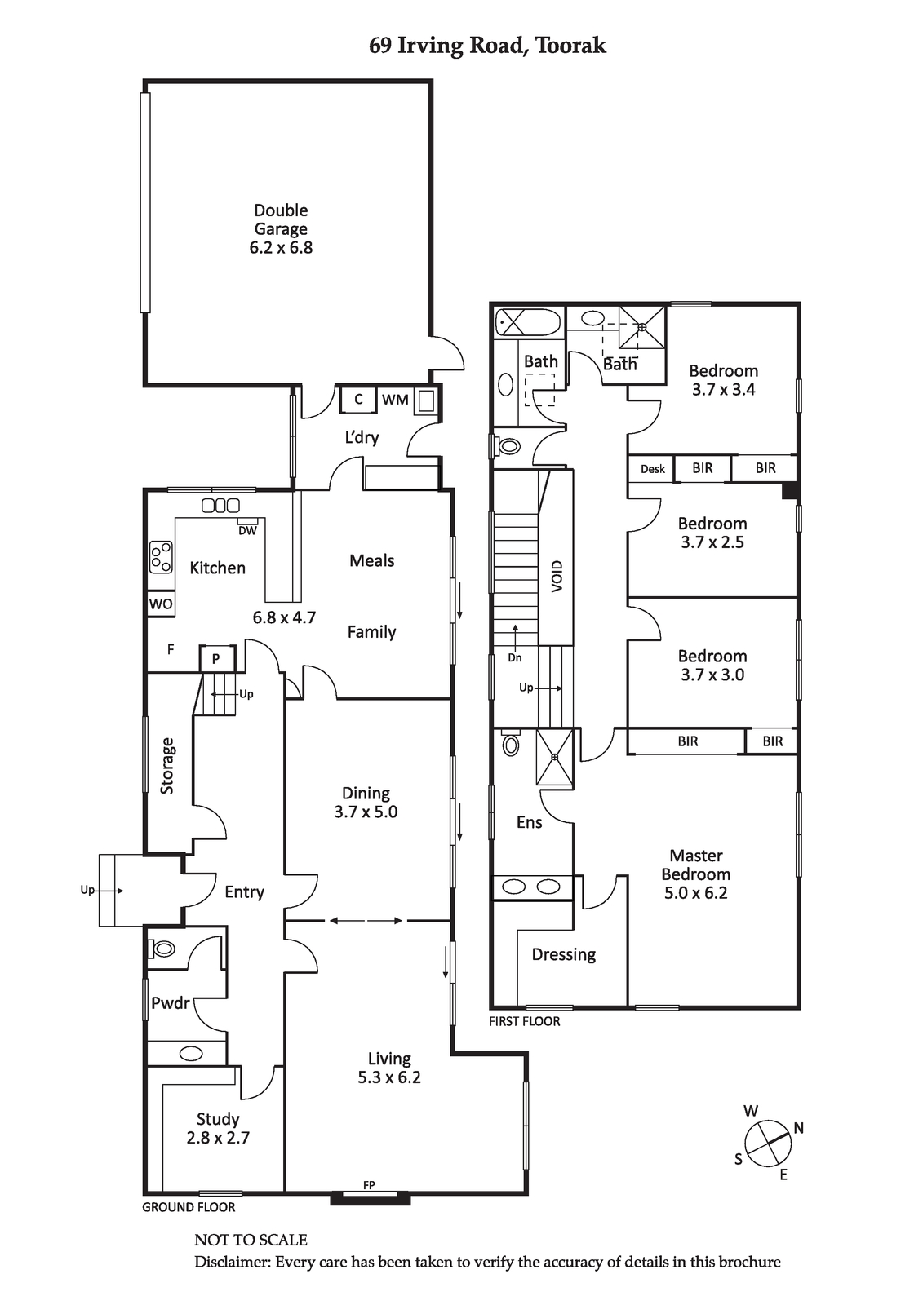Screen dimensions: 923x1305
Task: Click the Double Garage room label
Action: (281, 219)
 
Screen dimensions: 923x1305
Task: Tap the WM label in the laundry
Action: (395, 400)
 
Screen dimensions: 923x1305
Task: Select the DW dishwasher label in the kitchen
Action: (248, 531)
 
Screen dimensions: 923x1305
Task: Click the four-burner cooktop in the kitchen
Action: (161, 556)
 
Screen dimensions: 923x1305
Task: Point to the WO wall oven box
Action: (160, 604)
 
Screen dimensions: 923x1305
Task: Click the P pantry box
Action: (217, 659)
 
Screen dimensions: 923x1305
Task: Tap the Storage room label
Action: (167, 766)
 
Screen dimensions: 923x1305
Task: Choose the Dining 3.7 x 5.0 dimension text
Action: (366, 812)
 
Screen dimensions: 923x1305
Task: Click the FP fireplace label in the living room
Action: (369, 1184)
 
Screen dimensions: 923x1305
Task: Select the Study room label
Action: (218, 1118)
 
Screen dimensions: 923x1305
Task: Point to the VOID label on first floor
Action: (557, 577)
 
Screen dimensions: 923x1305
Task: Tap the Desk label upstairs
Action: (652, 469)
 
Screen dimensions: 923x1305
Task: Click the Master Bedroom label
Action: (696, 865)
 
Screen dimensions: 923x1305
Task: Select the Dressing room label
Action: (564, 955)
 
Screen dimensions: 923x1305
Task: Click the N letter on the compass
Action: (798, 1128)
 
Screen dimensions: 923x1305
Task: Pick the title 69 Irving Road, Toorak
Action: (487, 46)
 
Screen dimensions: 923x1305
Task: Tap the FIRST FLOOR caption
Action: (524, 1021)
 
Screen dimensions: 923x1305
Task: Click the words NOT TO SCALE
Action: (251, 1240)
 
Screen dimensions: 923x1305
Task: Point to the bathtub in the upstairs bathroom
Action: (528, 322)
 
